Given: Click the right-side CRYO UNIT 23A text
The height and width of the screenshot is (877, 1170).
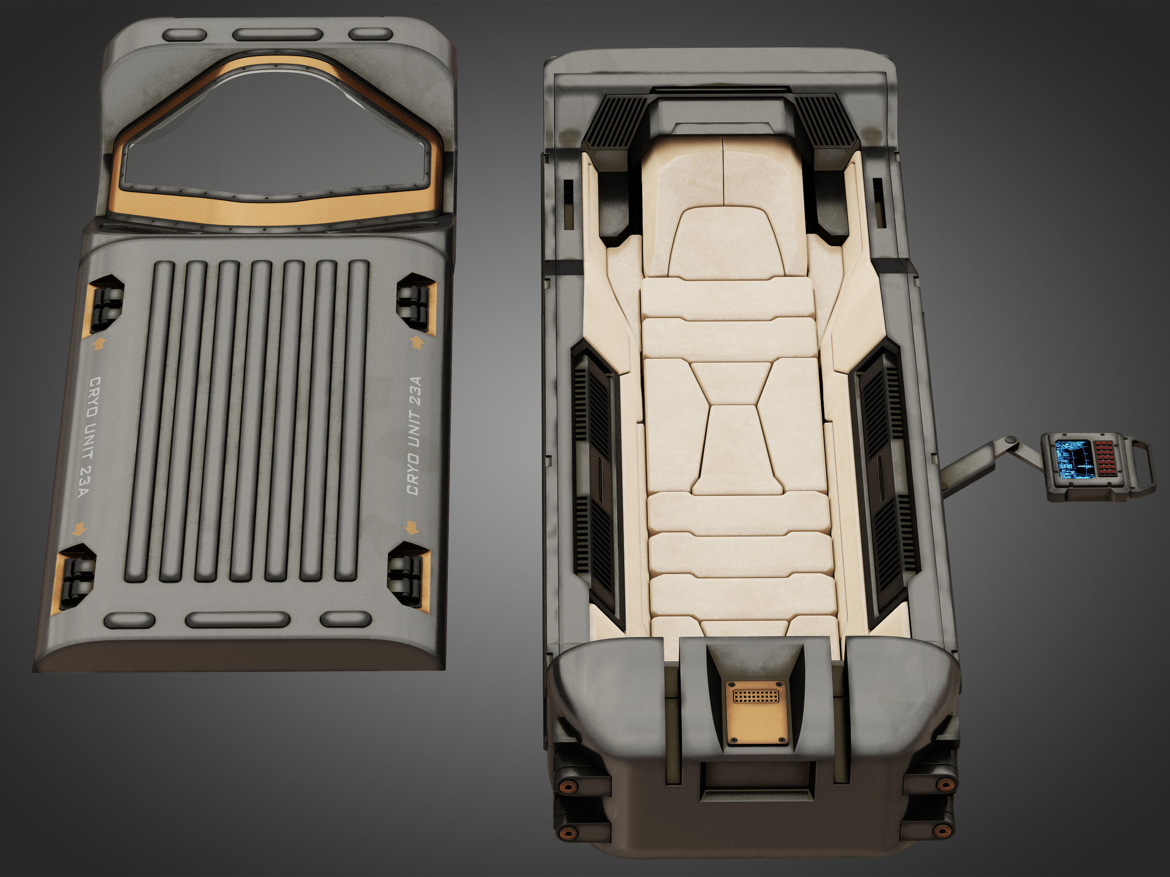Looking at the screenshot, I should tap(414, 435).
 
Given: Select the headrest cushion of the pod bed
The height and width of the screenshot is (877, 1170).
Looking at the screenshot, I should tap(726, 243).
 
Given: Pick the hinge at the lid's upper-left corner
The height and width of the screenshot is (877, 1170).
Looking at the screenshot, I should tap(106, 304).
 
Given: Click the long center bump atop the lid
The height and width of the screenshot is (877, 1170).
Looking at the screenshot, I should tap(277, 34).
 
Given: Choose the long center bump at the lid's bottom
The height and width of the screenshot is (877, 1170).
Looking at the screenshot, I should tap(237, 620).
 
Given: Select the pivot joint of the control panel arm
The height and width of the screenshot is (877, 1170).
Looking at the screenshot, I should tap(1011, 440).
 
